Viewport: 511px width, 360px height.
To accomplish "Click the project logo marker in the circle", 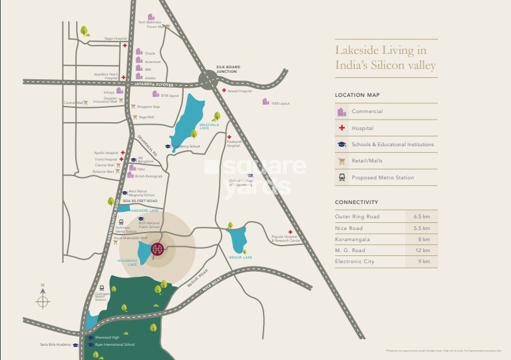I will (157, 249).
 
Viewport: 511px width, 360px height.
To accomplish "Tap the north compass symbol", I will (43, 299).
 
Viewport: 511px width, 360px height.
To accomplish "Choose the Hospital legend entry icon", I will (342, 128).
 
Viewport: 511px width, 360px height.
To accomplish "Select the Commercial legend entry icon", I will (342, 112).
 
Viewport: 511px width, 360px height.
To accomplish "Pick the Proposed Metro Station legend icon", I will (342, 177).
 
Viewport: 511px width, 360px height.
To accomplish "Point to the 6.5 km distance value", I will (421, 216).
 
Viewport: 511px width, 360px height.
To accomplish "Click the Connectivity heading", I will (356, 202).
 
